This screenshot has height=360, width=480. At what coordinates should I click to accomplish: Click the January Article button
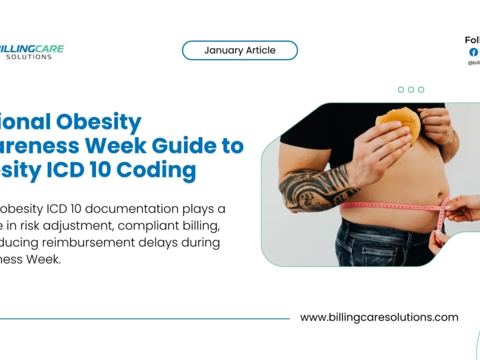tap(239, 50)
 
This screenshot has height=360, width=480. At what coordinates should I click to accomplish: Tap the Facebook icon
tap(473, 52)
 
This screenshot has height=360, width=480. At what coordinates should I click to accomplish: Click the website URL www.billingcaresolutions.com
tap(379, 317)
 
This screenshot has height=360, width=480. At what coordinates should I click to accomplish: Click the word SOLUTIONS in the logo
tap(29, 57)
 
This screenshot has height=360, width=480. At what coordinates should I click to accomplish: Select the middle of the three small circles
tap(411, 89)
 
